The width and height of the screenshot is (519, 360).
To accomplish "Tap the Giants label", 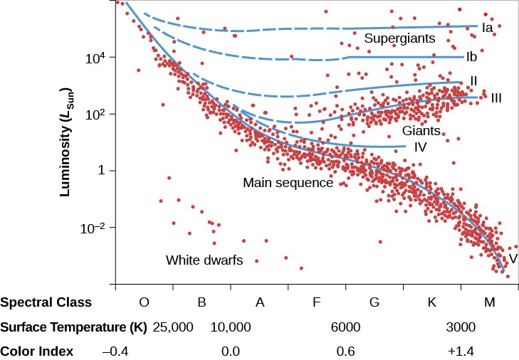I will [421, 131].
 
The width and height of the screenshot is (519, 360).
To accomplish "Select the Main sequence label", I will [288, 183].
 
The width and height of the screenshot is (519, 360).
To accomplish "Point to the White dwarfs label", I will [204, 260].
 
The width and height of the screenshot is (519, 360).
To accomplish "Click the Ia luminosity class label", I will [488, 28].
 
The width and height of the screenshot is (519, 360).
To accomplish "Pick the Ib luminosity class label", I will [471, 56].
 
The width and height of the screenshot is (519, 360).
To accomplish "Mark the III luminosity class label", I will [496, 97].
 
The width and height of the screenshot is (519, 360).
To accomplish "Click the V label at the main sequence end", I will [513, 258].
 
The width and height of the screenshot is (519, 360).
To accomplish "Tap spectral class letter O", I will [144, 302].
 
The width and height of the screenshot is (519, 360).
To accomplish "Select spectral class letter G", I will [374, 302].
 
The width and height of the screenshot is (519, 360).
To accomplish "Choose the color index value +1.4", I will [460, 351].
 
